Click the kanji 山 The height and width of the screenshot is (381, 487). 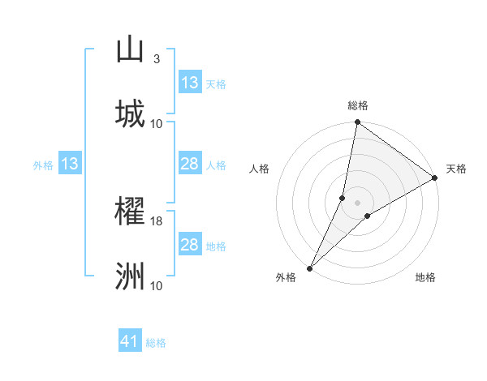coord(130,49)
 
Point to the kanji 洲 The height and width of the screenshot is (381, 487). coord(130,276)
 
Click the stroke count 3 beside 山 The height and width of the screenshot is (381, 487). coord(157,59)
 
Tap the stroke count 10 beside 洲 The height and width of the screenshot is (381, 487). coord(157,285)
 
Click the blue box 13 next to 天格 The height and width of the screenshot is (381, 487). coord(190,83)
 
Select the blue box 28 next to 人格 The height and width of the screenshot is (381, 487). coord(190,164)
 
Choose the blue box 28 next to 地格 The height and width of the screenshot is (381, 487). coord(190,245)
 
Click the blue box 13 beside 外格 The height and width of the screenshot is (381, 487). coord(70,164)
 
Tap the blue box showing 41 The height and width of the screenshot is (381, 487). coord(130,341)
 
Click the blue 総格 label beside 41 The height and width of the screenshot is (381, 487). coord(156,343)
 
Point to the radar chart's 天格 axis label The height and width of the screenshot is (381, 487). coord(456,169)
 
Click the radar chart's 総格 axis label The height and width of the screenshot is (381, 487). coord(358,105)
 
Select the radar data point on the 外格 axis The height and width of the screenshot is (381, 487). coord(309,268)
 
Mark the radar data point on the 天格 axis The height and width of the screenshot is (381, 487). coord(435,178)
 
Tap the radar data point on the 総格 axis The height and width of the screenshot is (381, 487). coord(358,123)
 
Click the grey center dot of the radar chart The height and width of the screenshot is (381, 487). coord(358,203)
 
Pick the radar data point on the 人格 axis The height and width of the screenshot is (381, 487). coord(343,198)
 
